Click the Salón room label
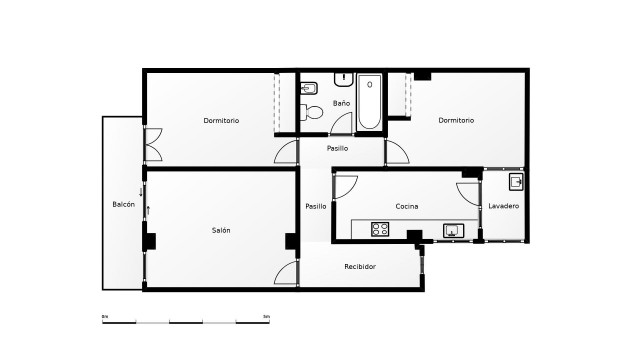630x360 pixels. coord(221,230)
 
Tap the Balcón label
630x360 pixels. coord(123,204)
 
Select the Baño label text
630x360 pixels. coord(341,103)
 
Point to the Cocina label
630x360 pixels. coord(407,206)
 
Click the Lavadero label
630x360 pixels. coord(503,206)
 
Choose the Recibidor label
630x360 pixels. coord(360,266)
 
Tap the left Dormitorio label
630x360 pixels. coord(221,121)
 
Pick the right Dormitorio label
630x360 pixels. coord(456,120)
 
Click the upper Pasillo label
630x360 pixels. coord(337,148)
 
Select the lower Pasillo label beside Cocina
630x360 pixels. coord(316,206)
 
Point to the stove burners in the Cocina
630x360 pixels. coord(380,229)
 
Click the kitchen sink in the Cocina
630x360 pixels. coord(453,230)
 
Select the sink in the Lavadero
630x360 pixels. coord(515,182)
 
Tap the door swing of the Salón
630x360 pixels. coord(287,273)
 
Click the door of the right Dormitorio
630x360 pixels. coord(397,153)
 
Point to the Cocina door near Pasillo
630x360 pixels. coord(345,186)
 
